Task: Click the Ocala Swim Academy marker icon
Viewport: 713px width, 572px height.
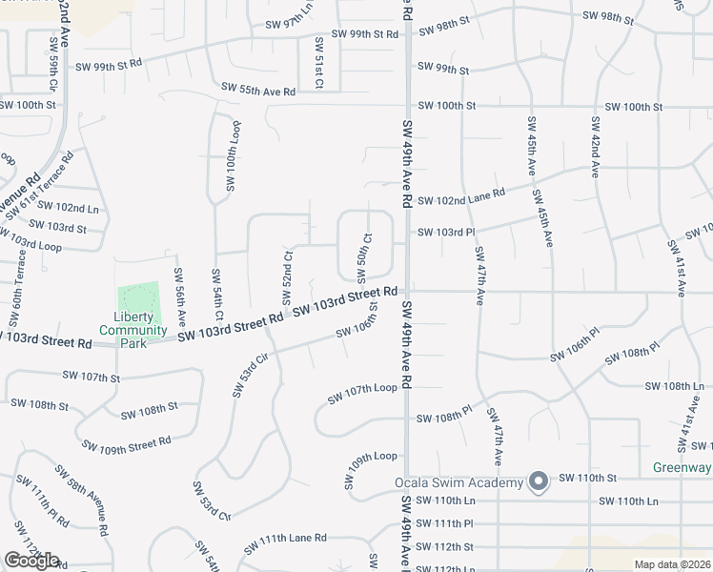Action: click(x=539, y=481)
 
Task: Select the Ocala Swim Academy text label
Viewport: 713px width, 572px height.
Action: click(x=459, y=482)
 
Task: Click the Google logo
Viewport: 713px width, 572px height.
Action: click(x=31, y=561)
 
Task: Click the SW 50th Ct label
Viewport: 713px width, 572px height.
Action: click(x=364, y=257)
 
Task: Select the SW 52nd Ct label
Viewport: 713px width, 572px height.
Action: click(x=286, y=271)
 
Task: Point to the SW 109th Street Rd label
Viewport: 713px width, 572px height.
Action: click(x=126, y=443)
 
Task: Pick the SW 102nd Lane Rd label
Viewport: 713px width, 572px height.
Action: click(x=461, y=196)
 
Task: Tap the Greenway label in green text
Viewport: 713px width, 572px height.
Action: click(x=682, y=467)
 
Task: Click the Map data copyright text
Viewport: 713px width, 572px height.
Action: click(x=672, y=564)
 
